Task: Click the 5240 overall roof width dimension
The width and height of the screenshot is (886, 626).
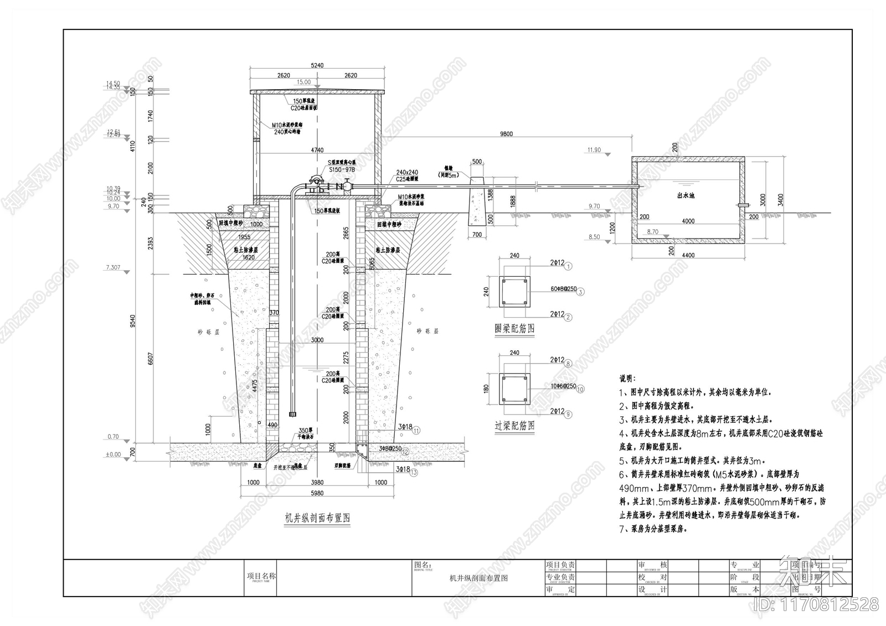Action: click(317, 65)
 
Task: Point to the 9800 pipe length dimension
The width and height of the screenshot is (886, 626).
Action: click(506, 133)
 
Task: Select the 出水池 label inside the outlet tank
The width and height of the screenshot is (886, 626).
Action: click(686, 195)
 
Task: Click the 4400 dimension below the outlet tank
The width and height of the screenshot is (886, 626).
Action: click(688, 255)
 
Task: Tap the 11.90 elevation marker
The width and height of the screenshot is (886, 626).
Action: click(594, 150)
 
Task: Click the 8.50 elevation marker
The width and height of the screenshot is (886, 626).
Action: click(594, 237)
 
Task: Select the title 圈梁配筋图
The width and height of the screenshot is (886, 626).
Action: click(514, 329)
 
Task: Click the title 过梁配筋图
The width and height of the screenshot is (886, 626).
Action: click(514, 426)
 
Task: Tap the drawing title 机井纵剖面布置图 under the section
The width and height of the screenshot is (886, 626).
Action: click(317, 518)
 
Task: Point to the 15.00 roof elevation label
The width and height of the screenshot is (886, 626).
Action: click(303, 82)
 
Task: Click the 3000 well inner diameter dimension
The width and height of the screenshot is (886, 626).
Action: click(317, 340)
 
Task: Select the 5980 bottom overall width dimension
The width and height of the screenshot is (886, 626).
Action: click(317, 493)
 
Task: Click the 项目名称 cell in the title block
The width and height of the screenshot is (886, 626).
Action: click(261, 576)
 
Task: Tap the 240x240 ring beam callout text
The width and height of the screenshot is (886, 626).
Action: click(407, 173)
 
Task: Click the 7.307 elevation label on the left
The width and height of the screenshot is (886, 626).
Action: click(112, 268)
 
